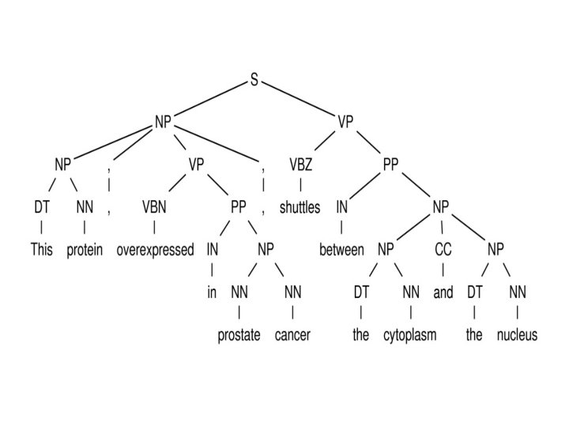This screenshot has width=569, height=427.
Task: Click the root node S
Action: click(254, 81)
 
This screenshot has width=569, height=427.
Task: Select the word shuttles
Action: click(300, 208)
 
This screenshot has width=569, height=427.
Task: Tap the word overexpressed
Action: click(155, 251)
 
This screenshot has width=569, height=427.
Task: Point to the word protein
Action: click(85, 251)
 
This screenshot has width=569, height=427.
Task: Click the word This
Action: click(41, 251)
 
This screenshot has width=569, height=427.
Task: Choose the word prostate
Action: click(239, 335)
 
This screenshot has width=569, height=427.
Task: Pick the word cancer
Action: click(292, 335)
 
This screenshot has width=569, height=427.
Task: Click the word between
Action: click(341, 251)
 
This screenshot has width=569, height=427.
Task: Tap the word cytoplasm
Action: click(410, 335)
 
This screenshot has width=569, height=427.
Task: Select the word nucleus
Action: click(517, 335)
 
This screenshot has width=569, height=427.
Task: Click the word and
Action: click(443, 293)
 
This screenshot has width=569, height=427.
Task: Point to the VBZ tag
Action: click(300, 165)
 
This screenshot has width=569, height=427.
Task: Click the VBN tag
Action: click(154, 208)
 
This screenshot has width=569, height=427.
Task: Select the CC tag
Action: click(443, 250)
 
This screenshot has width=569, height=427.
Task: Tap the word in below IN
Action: click(212, 293)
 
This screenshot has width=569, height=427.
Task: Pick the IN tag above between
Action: click(341, 208)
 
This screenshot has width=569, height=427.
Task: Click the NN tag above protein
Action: click(85, 208)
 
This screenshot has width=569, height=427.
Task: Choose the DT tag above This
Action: click(41, 208)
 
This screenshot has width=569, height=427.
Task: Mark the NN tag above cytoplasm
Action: click(410, 293)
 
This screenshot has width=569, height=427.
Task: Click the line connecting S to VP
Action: click(299, 101)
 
